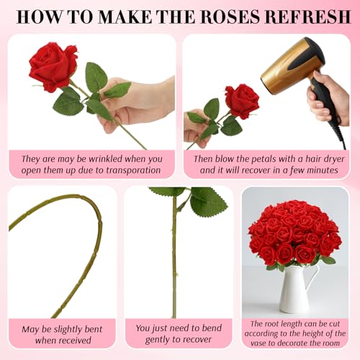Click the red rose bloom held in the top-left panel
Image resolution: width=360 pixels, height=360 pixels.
click(53, 66)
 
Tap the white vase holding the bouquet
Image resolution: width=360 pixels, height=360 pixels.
click(297, 288)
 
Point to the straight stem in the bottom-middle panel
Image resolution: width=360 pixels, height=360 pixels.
click(174, 266)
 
